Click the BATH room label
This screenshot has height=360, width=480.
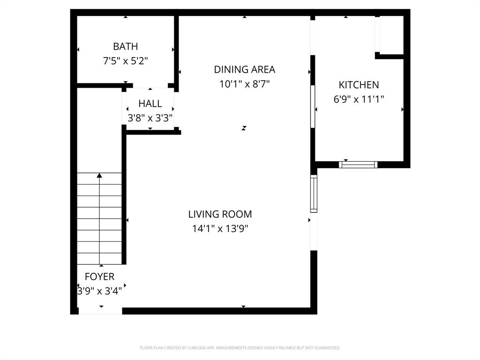point(125,46)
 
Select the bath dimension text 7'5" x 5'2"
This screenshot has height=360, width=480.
point(125,61)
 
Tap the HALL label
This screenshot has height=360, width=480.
point(150,104)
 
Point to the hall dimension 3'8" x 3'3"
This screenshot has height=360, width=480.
point(150,118)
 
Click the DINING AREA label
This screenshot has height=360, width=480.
point(244,69)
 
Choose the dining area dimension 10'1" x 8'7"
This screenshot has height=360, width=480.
point(244,84)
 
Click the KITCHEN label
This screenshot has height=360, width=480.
point(359,85)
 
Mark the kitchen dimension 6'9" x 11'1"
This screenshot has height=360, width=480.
point(359,99)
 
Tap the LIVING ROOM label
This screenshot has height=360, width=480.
point(220,214)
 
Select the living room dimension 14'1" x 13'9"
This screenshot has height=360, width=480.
point(220,229)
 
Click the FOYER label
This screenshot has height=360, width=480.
point(99,277)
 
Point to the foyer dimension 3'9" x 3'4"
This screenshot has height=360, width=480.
point(99,291)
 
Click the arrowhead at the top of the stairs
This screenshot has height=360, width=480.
point(99,176)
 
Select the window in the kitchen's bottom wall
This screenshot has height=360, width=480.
point(358,165)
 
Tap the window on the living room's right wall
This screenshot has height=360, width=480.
point(314,193)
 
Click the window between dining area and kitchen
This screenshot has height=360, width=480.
point(313,106)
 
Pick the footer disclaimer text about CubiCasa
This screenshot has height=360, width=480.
point(240,348)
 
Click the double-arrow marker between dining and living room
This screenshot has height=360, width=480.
point(244,127)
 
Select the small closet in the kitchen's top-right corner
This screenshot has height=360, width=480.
point(391,35)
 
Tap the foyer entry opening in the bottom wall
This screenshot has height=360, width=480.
point(100,310)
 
